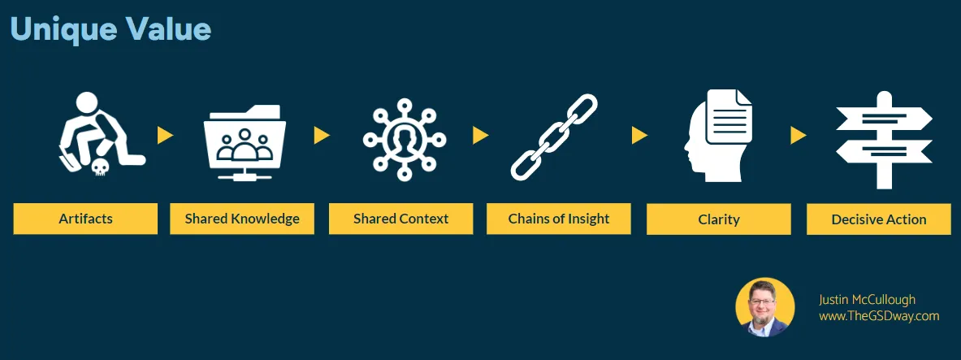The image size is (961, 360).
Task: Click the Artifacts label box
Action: click(x=85, y=219)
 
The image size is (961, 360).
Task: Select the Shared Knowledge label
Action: click(x=242, y=219)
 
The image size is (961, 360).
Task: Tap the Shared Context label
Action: click(x=400, y=219)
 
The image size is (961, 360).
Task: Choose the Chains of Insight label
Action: click(x=559, y=219)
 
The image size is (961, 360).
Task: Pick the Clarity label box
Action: click(x=718, y=219)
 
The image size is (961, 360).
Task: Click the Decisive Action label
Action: click(x=878, y=219)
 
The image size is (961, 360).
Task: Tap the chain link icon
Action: click(x=553, y=137)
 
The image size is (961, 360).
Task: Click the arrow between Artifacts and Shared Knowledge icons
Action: click(x=165, y=135)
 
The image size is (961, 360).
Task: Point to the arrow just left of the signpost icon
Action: click(x=799, y=135)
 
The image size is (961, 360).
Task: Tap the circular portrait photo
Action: click(x=764, y=307)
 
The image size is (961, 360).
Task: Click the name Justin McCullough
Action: click(x=867, y=299)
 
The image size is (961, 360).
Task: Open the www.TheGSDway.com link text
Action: click(x=878, y=316)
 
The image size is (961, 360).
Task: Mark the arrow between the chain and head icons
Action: click(x=639, y=135)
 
